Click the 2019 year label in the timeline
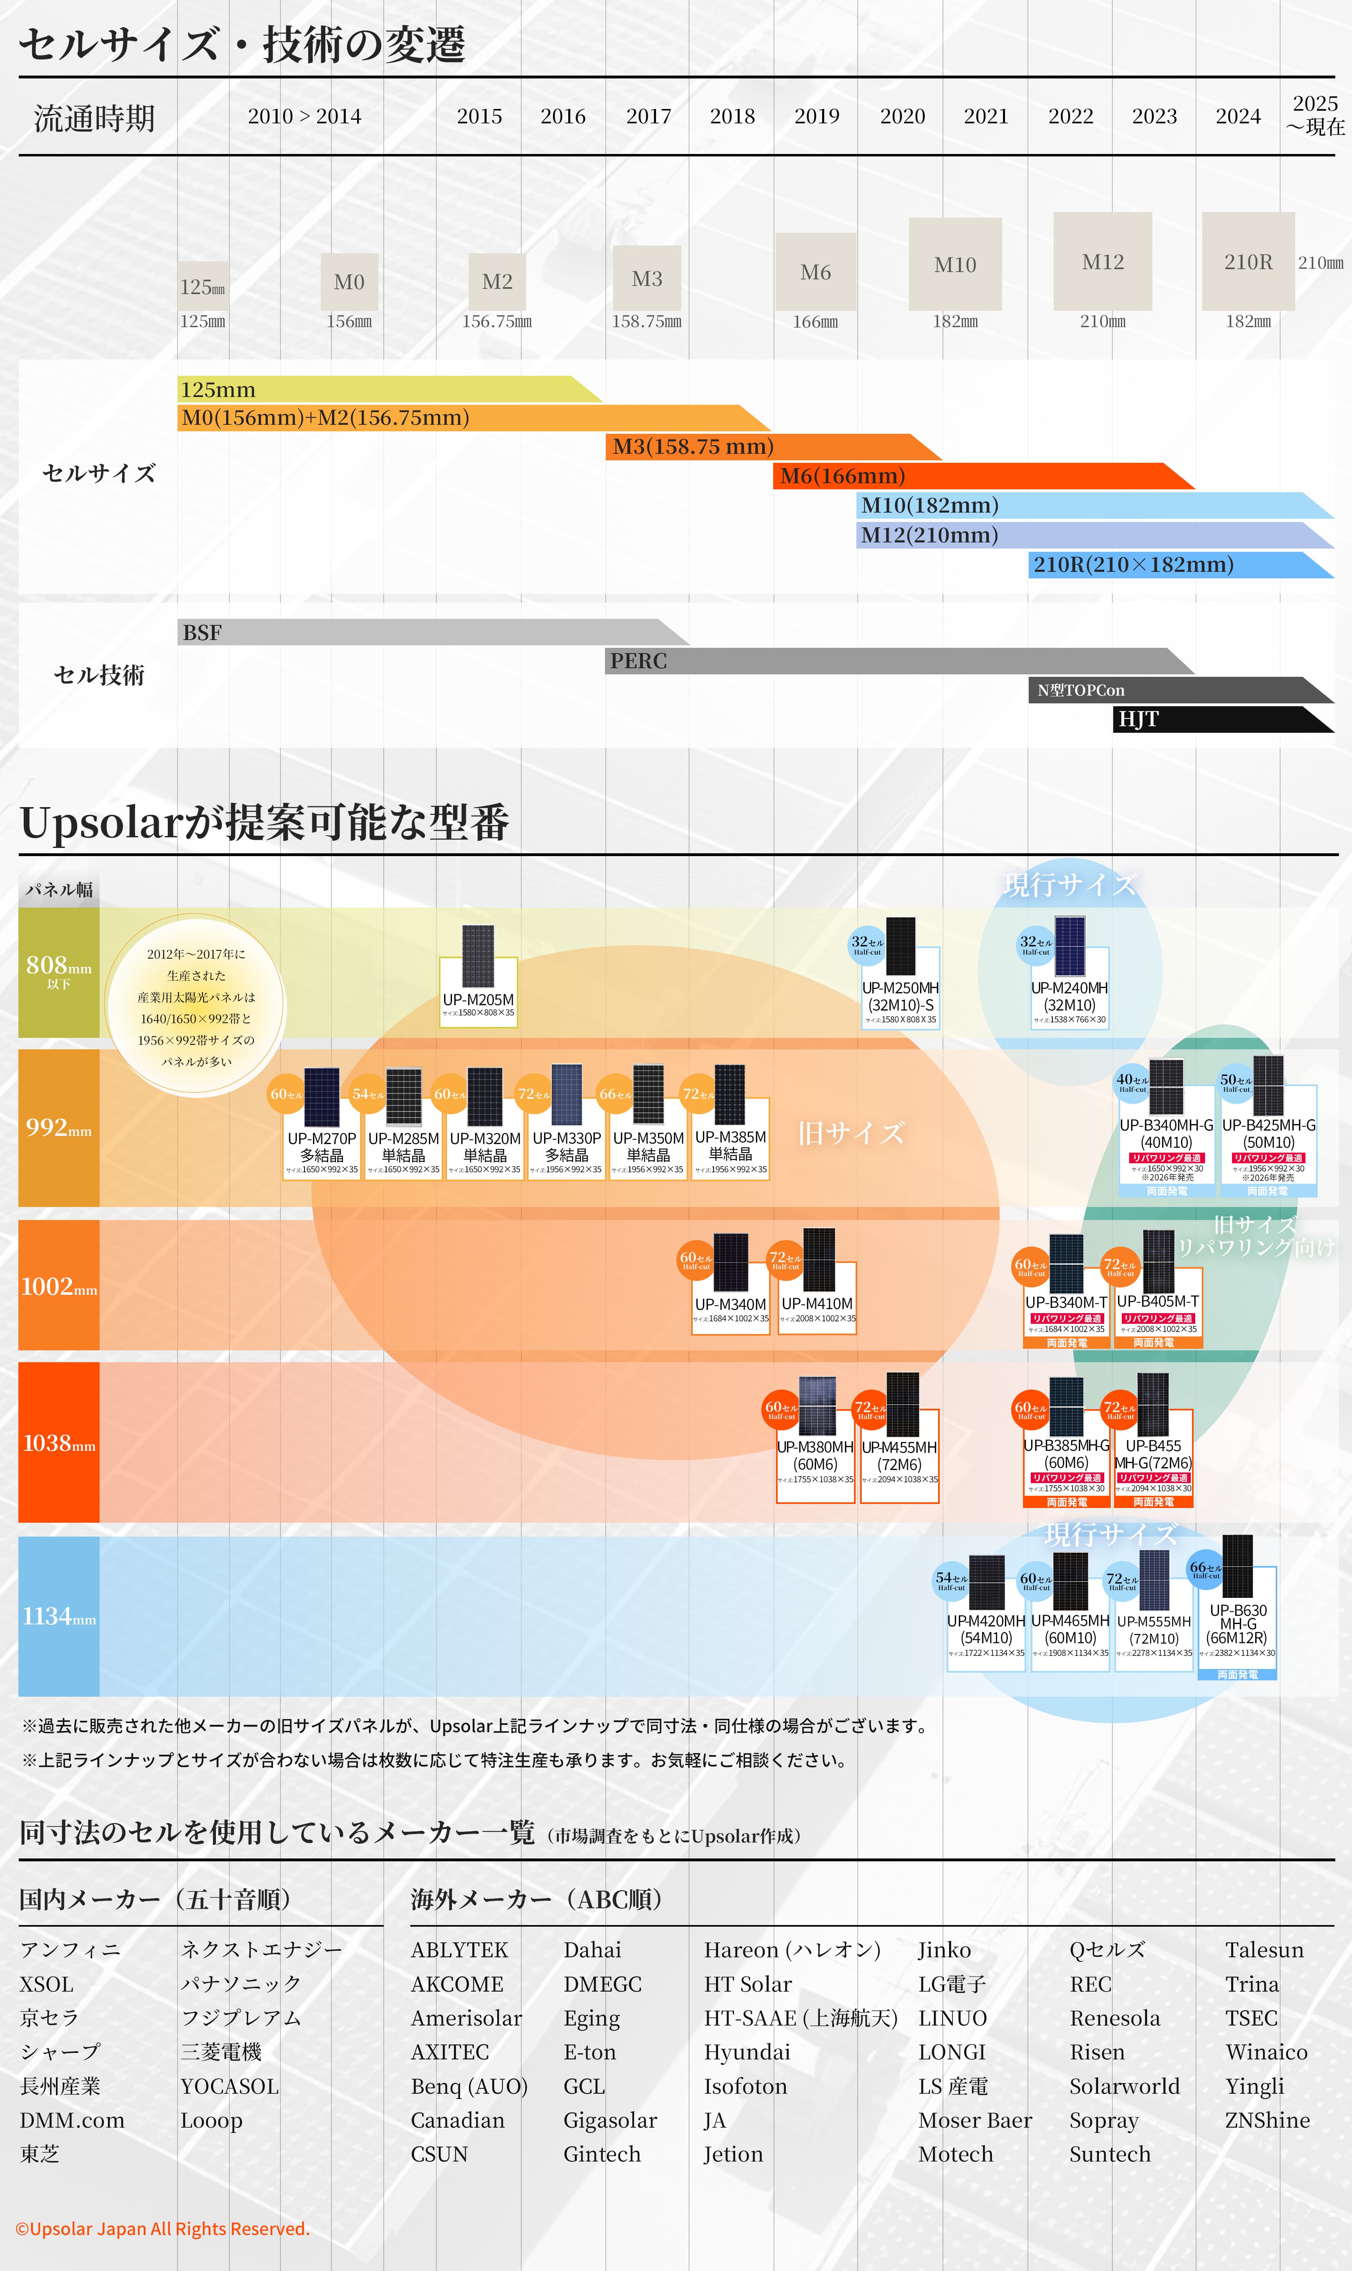tap(816, 117)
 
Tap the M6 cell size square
tap(815, 272)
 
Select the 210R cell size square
tap(1247, 261)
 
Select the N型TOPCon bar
tap(1175, 690)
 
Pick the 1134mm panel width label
tap(58, 1617)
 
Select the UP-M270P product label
tap(322, 1147)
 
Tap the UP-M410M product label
tap(817, 1304)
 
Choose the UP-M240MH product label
tap(1070, 996)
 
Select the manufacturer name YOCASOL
tap(229, 2086)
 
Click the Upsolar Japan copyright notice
tap(162, 2228)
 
